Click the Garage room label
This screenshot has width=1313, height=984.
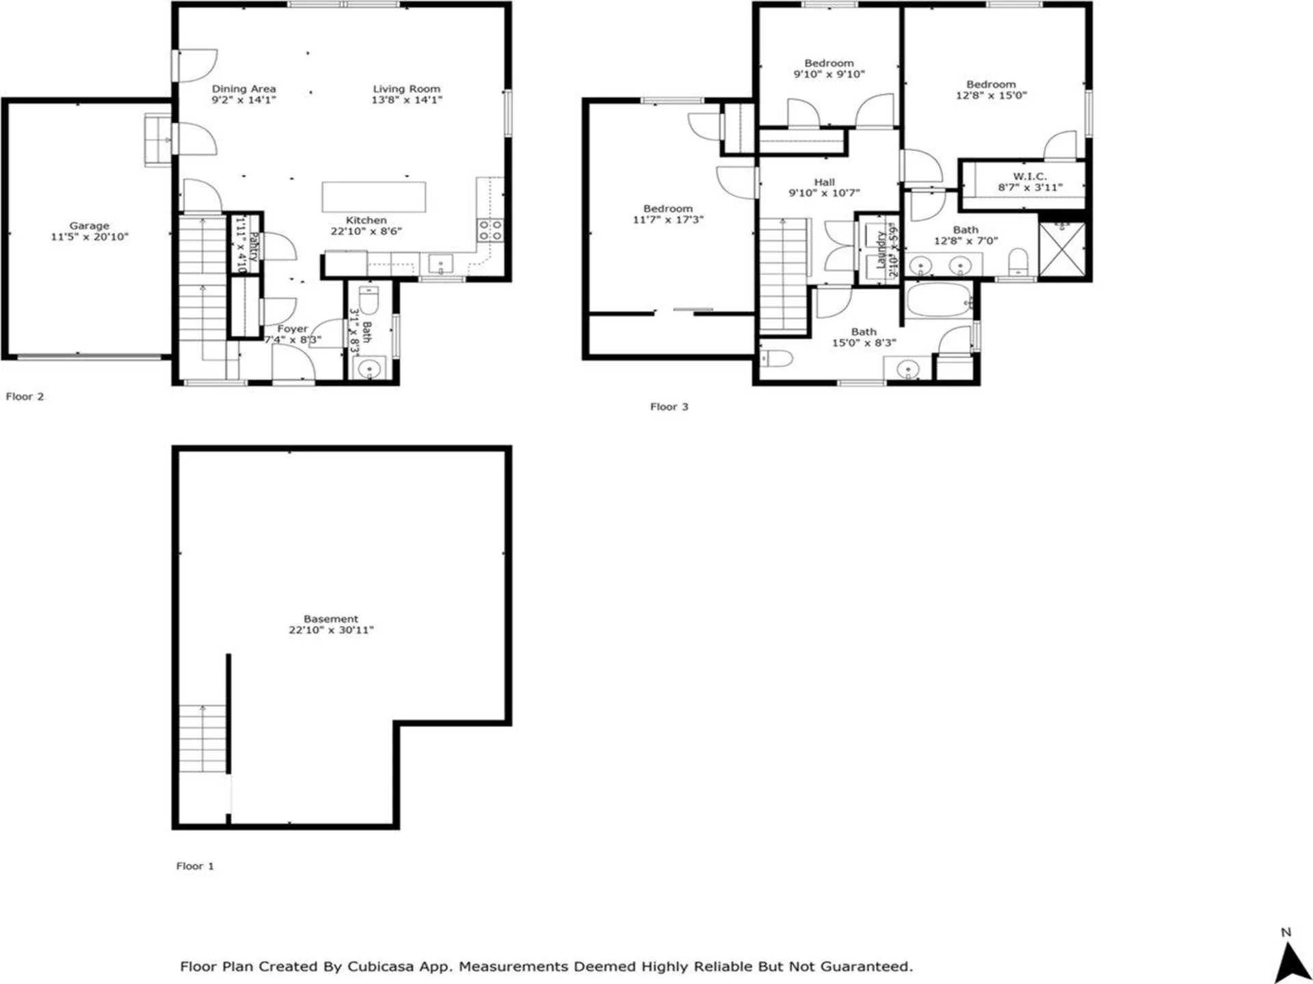89,225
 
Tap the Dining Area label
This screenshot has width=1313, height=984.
243,89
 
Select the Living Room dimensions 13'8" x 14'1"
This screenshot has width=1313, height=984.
406,100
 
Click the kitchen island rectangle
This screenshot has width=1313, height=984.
373,197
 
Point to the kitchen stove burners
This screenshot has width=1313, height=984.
490,230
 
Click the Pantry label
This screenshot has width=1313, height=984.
253,246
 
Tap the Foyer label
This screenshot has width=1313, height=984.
292,329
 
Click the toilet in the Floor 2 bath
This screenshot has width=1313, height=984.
369,299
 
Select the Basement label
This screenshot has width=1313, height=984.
330,618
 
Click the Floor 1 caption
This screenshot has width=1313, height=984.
195,866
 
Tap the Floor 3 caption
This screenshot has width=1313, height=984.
669,407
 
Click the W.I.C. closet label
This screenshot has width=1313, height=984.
1029,176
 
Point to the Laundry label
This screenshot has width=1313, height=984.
881,249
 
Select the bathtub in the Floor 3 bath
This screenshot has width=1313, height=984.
939,301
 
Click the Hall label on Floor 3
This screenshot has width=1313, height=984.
824,182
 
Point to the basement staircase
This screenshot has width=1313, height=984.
202,738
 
